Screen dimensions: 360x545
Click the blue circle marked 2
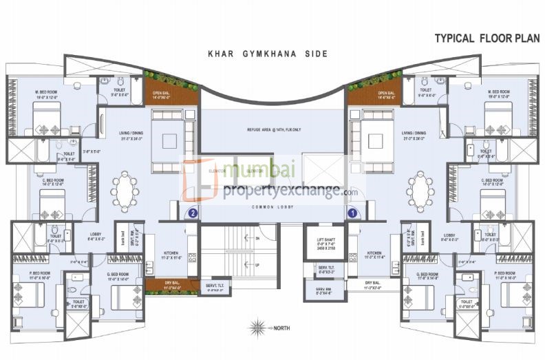[193, 213]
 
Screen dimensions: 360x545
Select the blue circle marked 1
[352, 213]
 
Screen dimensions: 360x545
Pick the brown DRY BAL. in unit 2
[162, 284]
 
